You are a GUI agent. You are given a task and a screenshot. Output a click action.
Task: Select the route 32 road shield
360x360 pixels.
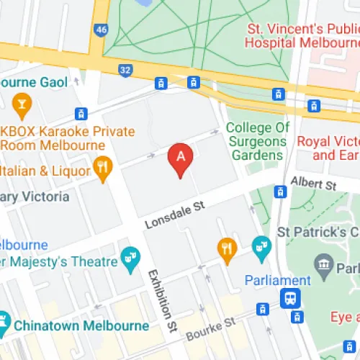[x=125, y=70]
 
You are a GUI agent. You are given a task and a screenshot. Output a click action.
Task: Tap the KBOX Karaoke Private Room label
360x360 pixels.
[x=68, y=138]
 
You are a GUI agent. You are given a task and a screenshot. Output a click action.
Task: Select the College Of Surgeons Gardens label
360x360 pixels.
[x=258, y=141]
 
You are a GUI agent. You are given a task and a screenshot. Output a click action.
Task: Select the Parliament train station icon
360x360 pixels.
[x=290, y=297]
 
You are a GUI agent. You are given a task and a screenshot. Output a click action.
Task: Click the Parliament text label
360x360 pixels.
[x=277, y=280]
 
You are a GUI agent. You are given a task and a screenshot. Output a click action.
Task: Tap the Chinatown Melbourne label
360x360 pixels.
[x=79, y=325]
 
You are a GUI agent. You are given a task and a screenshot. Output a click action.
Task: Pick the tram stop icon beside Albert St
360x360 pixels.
[x=280, y=192]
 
